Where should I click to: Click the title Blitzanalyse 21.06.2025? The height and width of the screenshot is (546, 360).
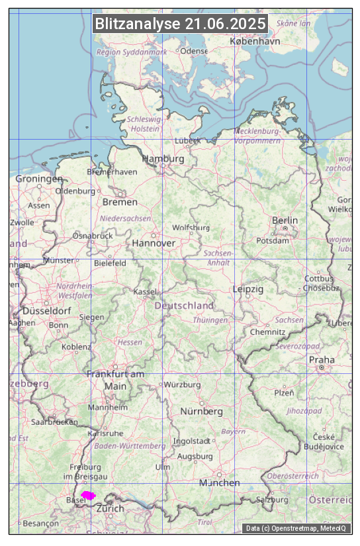tap(180, 24)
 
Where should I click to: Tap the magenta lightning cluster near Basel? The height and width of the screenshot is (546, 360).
tap(88, 495)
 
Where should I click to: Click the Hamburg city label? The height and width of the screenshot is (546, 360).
tap(163, 159)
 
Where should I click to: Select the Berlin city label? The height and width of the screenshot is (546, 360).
tap(285, 220)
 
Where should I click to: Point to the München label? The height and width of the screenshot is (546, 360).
tap(219, 483)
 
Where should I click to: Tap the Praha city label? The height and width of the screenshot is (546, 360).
tap(321, 360)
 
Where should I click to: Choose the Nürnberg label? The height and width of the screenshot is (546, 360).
tap(202, 412)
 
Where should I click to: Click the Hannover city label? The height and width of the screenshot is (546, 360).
tap(154, 244)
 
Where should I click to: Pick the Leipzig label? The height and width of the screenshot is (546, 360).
tap(248, 290)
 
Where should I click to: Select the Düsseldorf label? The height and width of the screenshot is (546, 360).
tap(47, 311)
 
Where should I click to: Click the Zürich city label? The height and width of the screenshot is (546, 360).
tap(110, 509)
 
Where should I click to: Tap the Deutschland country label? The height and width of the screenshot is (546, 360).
tap(184, 306)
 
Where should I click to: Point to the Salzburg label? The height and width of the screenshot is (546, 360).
tap(272, 500)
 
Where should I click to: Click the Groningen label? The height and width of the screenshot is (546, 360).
tap(39, 179)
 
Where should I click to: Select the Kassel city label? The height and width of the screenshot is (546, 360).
tap(145, 292)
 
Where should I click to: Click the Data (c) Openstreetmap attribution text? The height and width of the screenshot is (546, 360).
tap(296, 528)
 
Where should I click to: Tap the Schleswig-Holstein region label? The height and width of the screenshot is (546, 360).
tap(144, 124)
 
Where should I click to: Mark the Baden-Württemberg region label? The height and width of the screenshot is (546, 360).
tap(130, 446)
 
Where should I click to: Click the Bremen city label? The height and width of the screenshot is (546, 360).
tap(120, 202)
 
